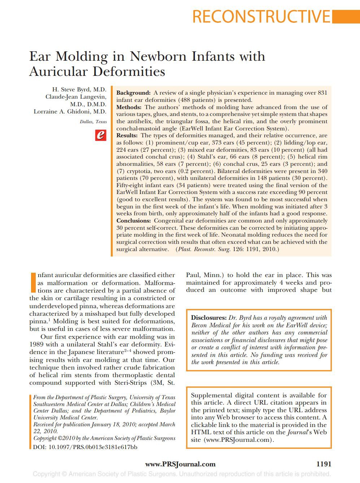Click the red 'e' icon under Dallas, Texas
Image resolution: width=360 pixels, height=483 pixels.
pos(101,135)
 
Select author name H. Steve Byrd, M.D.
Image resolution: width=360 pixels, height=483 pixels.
pos(79,90)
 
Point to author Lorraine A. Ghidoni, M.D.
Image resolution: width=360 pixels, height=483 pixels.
pos(70,112)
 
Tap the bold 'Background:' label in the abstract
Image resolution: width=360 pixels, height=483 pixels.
pos(133,93)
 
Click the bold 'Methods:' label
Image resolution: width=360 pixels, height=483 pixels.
pos(129,107)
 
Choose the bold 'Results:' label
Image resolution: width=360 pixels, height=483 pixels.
pos(127,135)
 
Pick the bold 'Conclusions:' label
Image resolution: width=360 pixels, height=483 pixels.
pos(133,221)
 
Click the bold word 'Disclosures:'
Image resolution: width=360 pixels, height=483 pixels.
pos(208,318)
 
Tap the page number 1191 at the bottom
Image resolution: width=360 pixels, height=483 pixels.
pos(324,464)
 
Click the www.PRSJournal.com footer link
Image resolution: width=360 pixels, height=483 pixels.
pos(180,464)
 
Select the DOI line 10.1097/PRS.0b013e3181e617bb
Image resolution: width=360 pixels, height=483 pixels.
pos(85,447)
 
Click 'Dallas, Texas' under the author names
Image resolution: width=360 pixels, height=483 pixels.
pos(93,122)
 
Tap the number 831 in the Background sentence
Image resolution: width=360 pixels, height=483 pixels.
pos(322,93)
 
